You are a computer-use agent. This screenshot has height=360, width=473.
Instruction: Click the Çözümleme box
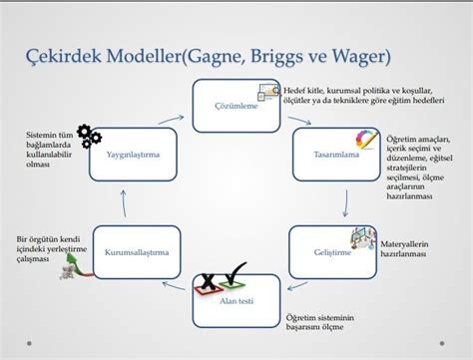click(x=236, y=106)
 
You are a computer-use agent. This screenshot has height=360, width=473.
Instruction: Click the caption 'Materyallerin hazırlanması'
click(x=406, y=249)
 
